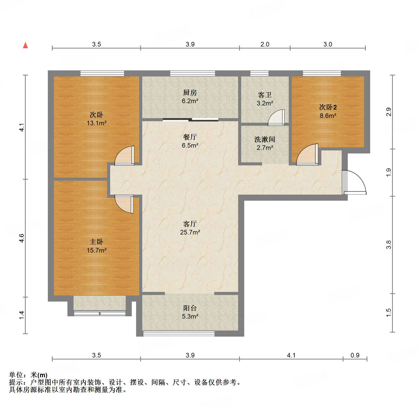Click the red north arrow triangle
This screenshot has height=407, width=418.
25,45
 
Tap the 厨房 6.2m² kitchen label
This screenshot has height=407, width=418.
190,97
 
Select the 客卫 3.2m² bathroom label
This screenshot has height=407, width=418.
265,99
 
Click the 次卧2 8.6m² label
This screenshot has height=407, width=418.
328,111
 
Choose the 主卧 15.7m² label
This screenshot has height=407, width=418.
96,246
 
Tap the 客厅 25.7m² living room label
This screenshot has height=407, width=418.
190,228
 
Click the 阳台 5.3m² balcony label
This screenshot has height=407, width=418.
190,312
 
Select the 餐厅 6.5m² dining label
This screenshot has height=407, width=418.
190,141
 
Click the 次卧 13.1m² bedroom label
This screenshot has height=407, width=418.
96,119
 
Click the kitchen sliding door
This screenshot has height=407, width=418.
190,120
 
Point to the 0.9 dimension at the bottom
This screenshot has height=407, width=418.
355,355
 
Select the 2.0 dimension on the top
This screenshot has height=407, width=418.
265,44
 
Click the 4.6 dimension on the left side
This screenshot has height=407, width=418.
22,238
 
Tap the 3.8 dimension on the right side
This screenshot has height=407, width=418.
388,245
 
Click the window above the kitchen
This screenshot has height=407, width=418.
193,73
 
